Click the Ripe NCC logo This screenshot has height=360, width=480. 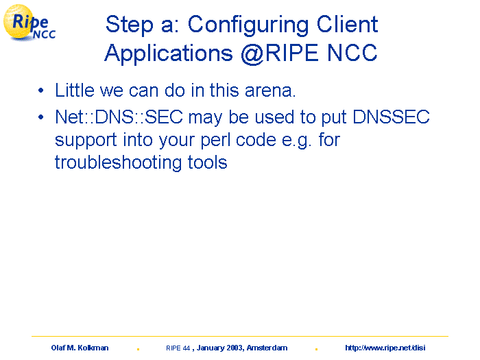29,23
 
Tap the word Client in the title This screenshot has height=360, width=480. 347,24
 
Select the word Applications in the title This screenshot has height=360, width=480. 169,53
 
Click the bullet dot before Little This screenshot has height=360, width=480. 41,91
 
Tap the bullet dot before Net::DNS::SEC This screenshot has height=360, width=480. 41,117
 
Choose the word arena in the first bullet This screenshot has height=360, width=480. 270,91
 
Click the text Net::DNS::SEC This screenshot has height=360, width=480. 119,117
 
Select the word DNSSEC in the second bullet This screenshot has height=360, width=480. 392,117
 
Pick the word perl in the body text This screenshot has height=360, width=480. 215,141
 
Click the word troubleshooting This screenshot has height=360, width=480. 118,163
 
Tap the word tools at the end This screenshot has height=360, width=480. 208,163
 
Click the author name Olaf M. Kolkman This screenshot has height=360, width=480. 80,348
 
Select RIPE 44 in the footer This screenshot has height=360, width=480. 178,348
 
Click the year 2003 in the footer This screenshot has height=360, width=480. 235,348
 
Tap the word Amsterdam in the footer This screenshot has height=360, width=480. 267,348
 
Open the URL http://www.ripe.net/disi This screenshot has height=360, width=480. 385,348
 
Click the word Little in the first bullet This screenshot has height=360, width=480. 75,91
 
